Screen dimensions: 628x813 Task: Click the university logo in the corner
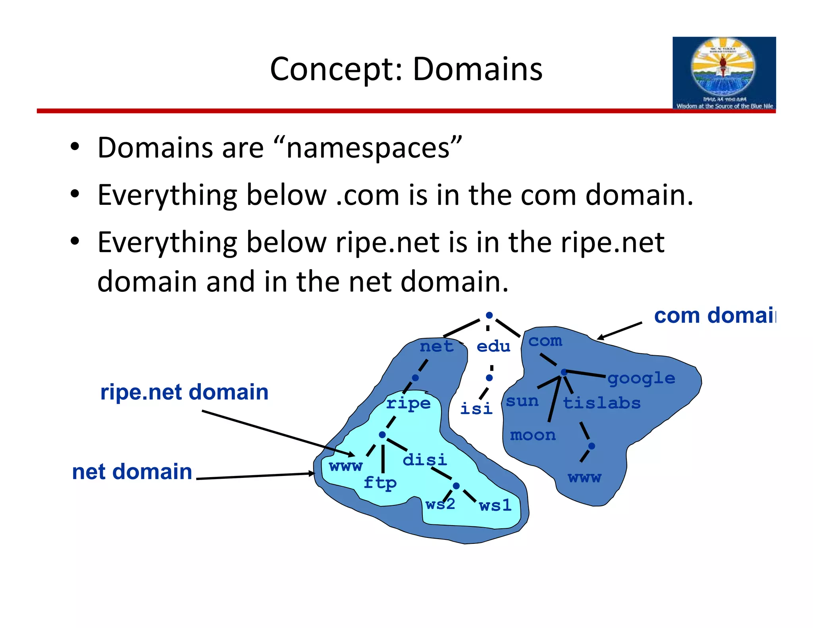(x=724, y=73)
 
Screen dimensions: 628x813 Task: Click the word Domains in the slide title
(x=477, y=69)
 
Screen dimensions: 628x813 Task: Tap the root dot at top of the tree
(x=489, y=315)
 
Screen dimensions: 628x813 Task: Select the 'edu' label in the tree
(x=493, y=347)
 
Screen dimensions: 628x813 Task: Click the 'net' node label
(x=436, y=347)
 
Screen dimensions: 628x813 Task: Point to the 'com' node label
(x=545, y=341)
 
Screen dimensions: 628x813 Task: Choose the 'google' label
(x=641, y=378)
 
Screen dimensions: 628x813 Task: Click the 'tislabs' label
(x=601, y=403)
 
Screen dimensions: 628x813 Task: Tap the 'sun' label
(x=522, y=401)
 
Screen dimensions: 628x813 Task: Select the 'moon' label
(x=533, y=435)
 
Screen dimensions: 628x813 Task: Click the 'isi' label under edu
(x=476, y=408)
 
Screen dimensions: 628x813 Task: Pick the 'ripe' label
(x=408, y=403)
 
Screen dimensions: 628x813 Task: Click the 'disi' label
(x=424, y=460)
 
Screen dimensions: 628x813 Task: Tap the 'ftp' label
(x=380, y=483)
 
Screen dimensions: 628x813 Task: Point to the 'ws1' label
(x=495, y=506)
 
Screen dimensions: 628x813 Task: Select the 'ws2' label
(x=440, y=505)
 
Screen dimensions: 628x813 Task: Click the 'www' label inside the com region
(x=584, y=478)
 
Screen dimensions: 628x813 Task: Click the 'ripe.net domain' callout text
(x=184, y=392)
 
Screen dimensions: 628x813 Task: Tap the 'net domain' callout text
(x=132, y=472)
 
